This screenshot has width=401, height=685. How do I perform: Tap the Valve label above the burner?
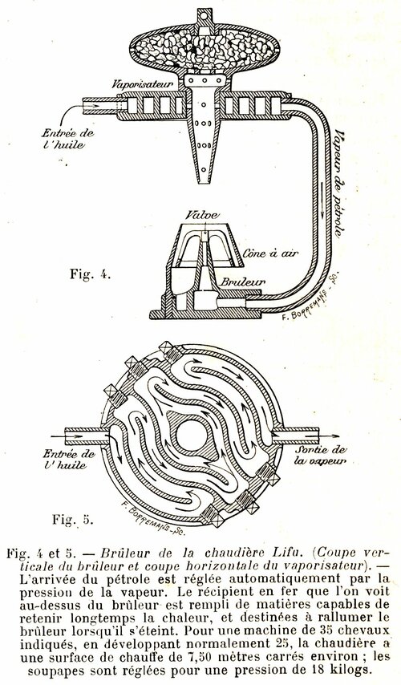click(x=201, y=215)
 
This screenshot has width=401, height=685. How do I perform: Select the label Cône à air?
click(x=267, y=253)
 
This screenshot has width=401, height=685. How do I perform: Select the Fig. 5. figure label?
click(x=72, y=520)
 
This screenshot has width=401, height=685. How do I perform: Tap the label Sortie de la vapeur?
click(x=320, y=456)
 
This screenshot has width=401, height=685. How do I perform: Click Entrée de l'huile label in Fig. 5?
click(x=69, y=459)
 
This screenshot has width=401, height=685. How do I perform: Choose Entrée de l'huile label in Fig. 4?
click(x=67, y=140)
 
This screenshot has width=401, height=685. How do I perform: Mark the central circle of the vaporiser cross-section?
click(x=190, y=435)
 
